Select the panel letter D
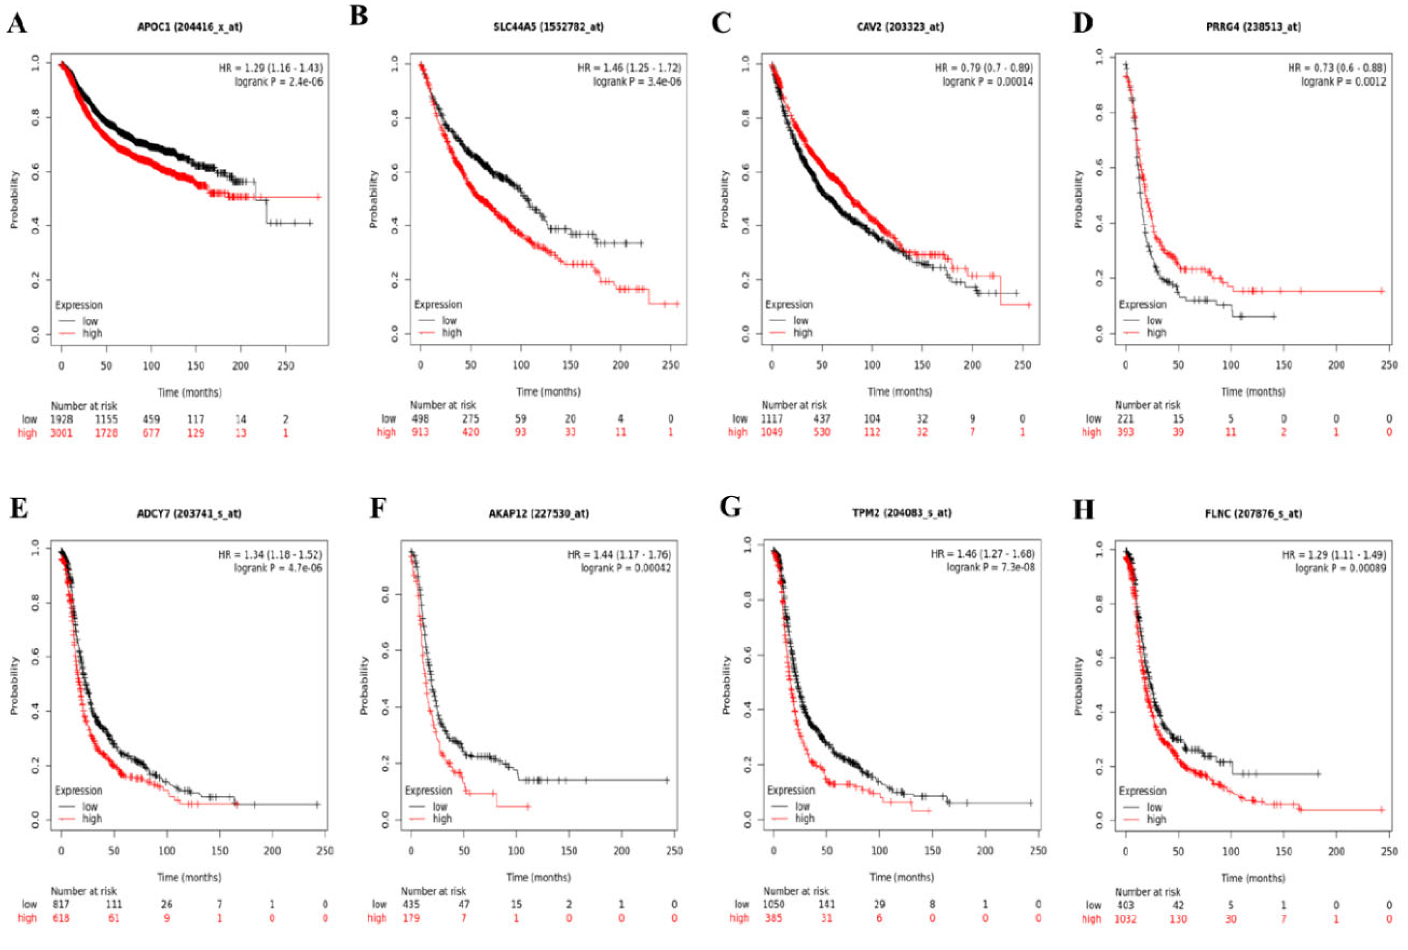coord(1083,23)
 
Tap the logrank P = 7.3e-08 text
coord(991,567)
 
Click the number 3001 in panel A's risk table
coord(61,433)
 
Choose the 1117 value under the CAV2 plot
coord(772,418)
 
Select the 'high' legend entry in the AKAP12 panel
coord(442,818)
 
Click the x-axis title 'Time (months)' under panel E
coord(189,877)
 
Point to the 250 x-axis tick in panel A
coord(286,366)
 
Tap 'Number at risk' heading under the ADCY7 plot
coord(84,891)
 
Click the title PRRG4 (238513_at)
coord(1253,26)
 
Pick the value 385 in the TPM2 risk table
coord(773,918)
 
